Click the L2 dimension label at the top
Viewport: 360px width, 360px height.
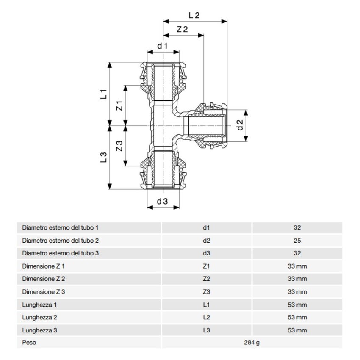tap(194, 15)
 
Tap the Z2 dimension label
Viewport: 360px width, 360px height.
tap(182, 30)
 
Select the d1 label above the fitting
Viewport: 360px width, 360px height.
tap(163, 46)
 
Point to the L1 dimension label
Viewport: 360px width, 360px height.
tap(103, 94)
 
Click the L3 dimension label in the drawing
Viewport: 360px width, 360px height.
tap(103, 158)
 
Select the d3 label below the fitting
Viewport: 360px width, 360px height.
tap(163, 202)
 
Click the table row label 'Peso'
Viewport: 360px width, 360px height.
tap(29, 343)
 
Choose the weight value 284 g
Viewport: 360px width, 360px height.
tap(252, 343)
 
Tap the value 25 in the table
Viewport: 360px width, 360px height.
tap(297, 241)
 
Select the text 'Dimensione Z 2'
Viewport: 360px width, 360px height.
tap(44, 279)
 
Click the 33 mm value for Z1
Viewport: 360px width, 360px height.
tap(297, 266)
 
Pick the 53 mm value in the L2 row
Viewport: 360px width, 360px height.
tap(297, 317)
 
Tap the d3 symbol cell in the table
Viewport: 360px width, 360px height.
tap(206, 253)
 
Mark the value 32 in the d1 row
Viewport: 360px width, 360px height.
tap(297, 227)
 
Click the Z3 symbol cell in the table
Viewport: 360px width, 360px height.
tap(206, 292)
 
